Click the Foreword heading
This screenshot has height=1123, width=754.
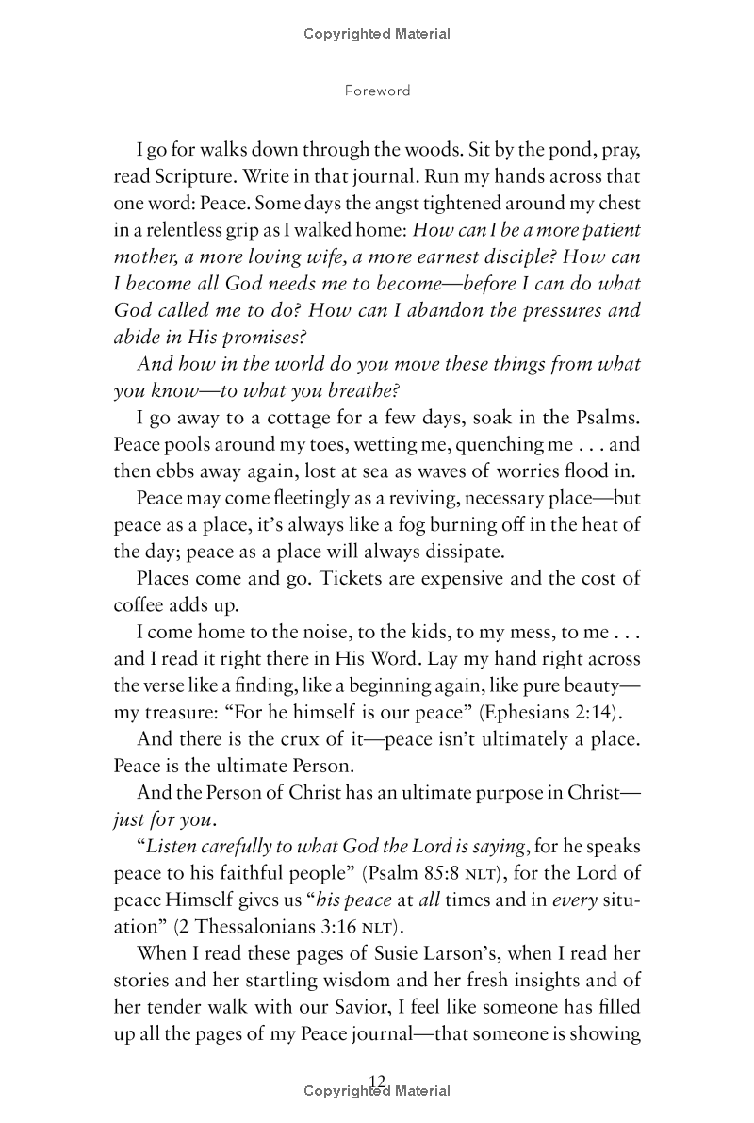click(x=377, y=91)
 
